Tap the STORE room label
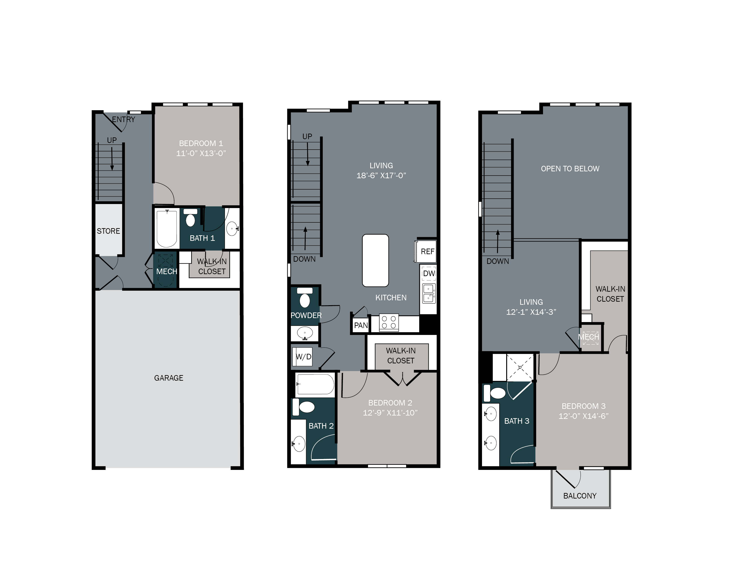coord(108,231)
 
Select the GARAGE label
coord(169,378)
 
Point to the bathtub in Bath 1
coord(167,228)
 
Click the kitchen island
coord(375,261)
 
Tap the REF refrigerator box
coord(427,251)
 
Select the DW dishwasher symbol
coord(429,273)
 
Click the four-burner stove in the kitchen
coord(389,322)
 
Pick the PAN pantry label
coord(361,325)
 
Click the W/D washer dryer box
coord(303,357)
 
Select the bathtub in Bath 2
coord(315,384)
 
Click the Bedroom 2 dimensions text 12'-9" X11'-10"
coord(390,413)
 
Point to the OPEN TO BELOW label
coord(570,169)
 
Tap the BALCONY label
coord(580,496)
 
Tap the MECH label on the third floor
coord(588,337)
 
